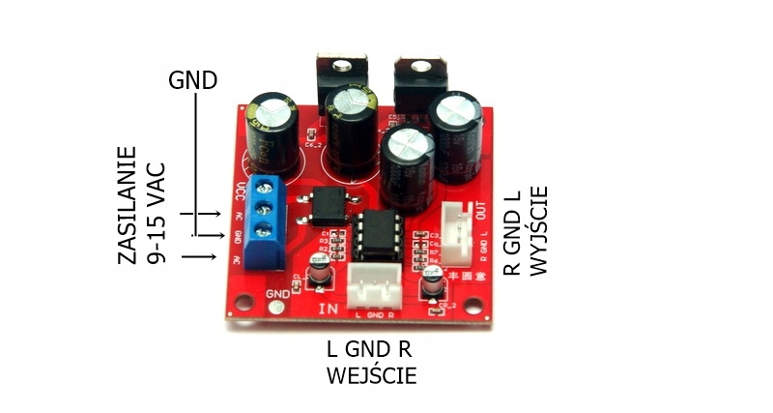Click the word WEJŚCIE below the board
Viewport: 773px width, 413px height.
pyautogui.click(x=371, y=374)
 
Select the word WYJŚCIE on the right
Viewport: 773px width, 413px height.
pyautogui.click(x=539, y=230)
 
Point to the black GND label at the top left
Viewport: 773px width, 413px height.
pyautogui.click(x=192, y=79)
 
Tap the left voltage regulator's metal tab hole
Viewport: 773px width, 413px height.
pyautogui.click(x=340, y=66)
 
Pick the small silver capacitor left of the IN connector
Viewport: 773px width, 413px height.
pyautogui.click(x=316, y=278)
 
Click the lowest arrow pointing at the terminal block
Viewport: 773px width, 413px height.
pyautogui.click(x=198, y=256)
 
